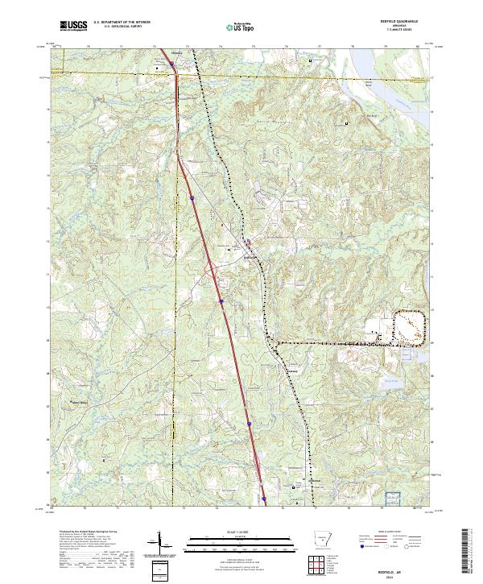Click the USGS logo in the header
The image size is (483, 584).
(73, 27)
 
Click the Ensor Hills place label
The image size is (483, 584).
(79, 404)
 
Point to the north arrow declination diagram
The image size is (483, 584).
(158, 545)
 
